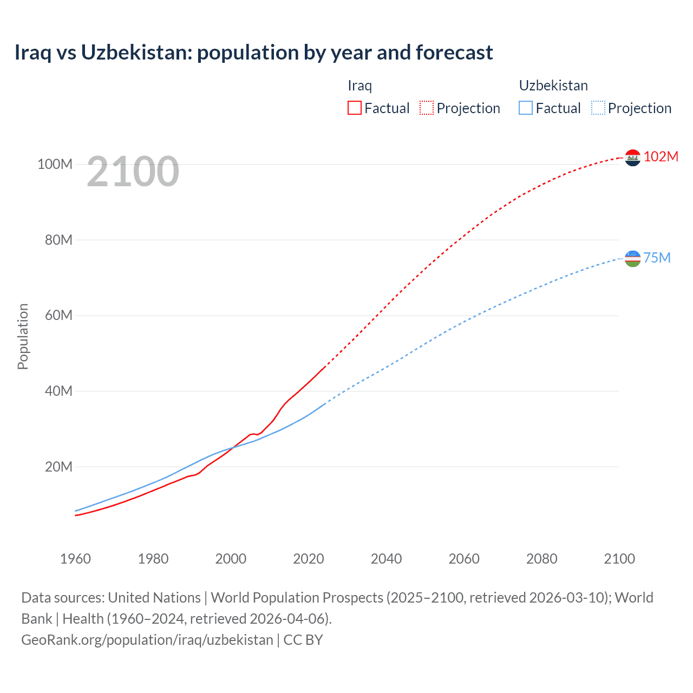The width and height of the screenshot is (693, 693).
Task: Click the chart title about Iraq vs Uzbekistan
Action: pyautogui.click(x=253, y=53)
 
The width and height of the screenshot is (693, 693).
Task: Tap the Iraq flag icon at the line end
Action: pyautogui.click(x=632, y=158)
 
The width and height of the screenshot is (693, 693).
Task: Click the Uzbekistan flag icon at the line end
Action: pyautogui.click(x=632, y=258)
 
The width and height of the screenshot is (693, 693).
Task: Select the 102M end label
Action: pyautogui.click(x=661, y=156)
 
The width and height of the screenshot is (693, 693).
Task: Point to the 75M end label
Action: pyautogui.click(x=657, y=258)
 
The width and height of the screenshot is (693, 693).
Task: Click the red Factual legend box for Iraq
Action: pyautogui.click(x=355, y=108)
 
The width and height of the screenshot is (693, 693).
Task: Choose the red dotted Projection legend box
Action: pyautogui.click(x=427, y=108)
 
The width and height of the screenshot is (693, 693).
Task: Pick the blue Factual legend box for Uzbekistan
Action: pyautogui.click(x=526, y=108)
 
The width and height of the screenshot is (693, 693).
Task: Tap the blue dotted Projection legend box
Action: pyautogui.click(x=598, y=108)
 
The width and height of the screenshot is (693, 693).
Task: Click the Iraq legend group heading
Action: pyautogui.click(x=359, y=86)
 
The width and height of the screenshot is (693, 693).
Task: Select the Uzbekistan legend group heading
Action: pyautogui.click(x=553, y=86)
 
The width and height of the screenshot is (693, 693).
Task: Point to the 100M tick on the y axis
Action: pyautogui.click(x=55, y=164)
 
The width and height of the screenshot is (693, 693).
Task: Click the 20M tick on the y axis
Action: pyautogui.click(x=58, y=467)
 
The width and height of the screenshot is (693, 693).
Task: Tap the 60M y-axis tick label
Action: pyautogui.click(x=58, y=315)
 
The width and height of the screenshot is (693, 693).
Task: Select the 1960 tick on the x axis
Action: pyautogui.click(x=75, y=559)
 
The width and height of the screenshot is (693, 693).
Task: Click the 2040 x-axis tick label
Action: pyautogui.click(x=386, y=559)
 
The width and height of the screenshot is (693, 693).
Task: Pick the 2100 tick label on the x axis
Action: pyautogui.click(x=619, y=559)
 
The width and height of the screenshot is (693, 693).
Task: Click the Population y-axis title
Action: pyautogui.click(x=23, y=336)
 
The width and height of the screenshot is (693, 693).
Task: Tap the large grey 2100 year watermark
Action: pyautogui.click(x=133, y=171)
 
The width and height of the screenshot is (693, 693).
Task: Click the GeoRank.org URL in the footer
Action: pyautogui.click(x=147, y=639)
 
